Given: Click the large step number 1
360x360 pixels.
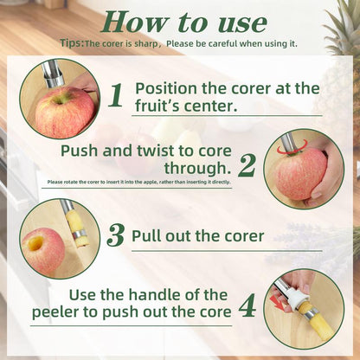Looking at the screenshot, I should (115, 96).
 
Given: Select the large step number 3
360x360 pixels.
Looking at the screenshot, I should (116, 235).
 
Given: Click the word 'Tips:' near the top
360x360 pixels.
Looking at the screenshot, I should (73, 42).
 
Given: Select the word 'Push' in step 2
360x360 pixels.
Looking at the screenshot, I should (78, 151).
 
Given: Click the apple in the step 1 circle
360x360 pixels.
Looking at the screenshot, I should (62, 112).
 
